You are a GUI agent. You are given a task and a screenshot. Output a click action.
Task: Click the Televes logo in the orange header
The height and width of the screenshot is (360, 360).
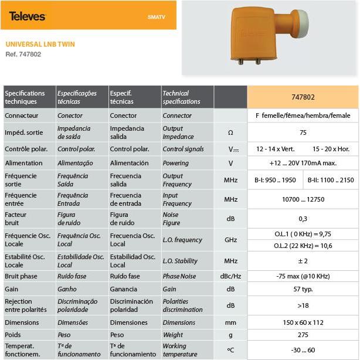[27, 16]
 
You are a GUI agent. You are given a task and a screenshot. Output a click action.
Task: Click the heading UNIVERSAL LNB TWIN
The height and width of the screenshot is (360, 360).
[40, 44]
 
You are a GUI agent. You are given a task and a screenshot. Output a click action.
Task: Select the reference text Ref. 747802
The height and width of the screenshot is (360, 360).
[24, 55]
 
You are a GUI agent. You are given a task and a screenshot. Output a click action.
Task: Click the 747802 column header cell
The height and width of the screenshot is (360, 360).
[303, 97]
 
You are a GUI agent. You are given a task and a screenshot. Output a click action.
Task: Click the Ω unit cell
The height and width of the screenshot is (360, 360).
[230, 133]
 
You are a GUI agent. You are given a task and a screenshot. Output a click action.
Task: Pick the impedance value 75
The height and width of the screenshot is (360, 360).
[303, 133]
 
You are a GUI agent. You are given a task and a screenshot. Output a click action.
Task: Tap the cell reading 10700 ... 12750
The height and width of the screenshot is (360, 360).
[303, 200]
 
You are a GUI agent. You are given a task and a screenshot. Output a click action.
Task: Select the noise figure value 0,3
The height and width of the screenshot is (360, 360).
[303, 219]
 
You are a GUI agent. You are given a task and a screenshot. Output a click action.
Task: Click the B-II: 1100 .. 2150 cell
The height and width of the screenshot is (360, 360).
[331, 180]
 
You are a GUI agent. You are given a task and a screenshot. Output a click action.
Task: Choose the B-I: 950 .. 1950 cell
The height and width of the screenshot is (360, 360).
[275, 180]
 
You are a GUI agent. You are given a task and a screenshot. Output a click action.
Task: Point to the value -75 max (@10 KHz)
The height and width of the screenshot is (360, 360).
[303, 276]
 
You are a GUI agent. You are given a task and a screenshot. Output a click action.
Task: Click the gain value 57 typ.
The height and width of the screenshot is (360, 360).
[303, 289]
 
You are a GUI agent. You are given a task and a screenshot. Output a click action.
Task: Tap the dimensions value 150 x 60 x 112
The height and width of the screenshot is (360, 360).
[303, 322]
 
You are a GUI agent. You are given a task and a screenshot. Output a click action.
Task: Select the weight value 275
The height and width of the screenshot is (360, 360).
[303, 335]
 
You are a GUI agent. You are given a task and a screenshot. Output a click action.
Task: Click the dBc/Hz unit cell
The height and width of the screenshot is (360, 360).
[230, 276]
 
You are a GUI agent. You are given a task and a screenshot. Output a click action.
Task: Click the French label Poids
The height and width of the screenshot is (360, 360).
[13, 335]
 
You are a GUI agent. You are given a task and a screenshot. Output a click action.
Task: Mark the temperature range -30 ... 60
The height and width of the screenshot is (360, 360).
[303, 350]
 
